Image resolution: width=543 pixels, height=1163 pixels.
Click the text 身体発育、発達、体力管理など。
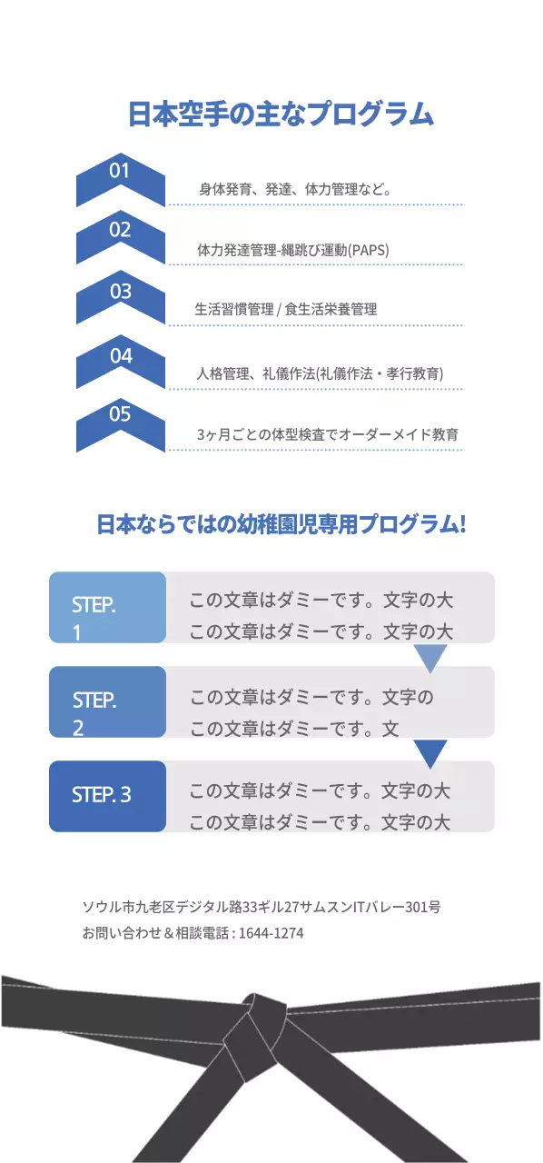[x=295, y=190]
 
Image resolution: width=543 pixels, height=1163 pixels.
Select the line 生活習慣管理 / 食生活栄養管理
[x=285, y=309]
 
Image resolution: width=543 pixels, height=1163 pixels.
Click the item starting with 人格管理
[x=320, y=373]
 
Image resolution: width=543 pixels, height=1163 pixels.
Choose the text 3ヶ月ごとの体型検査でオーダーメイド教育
[x=327, y=435]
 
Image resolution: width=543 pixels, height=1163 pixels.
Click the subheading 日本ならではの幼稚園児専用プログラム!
[x=281, y=524]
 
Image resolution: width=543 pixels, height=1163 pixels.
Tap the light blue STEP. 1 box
[x=107, y=607]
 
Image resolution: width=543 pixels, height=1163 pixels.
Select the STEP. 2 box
[x=107, y=701]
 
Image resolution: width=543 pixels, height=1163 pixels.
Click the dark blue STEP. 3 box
[x=107, y=795]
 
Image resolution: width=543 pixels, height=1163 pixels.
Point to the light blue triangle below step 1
[x=430, y=657]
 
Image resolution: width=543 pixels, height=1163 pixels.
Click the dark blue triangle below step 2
[x=430, y=751]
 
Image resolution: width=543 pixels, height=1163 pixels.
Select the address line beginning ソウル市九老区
[x=262, y=906]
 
